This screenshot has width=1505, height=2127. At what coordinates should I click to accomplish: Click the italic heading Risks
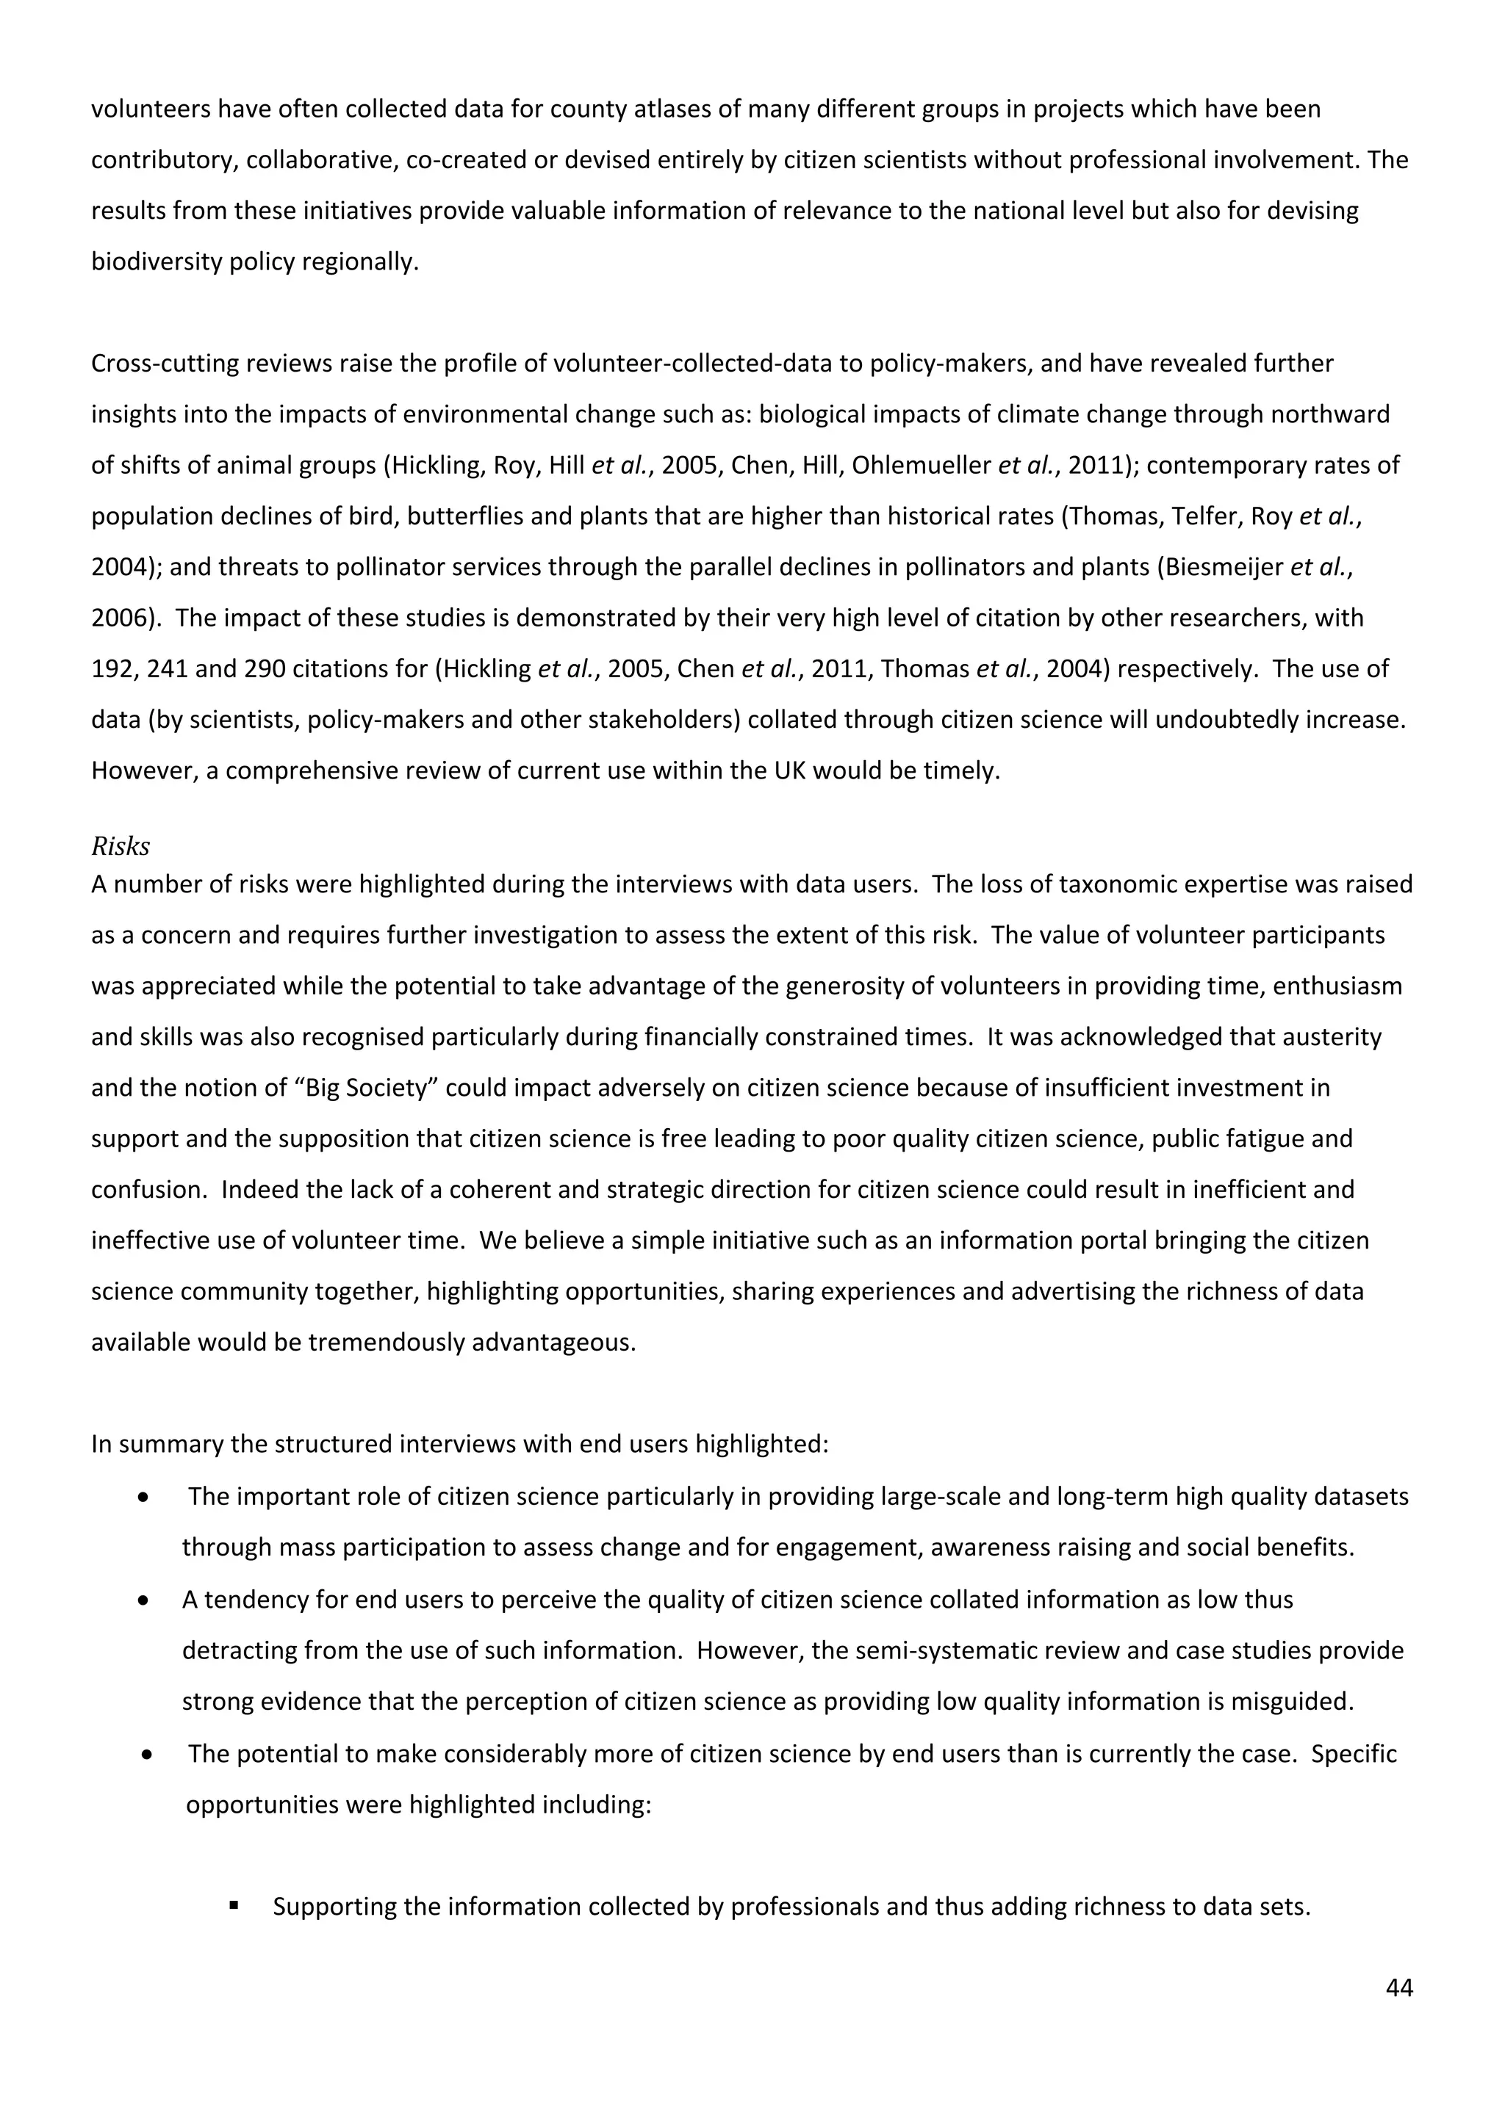click(x=121, y=846)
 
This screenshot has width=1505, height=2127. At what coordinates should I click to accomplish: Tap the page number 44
click(x=1398, y=1987)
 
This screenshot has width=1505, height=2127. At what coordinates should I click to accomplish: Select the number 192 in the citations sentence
click(x=112, y=669)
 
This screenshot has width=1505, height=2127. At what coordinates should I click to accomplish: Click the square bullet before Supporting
click(x=234, y=1907)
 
